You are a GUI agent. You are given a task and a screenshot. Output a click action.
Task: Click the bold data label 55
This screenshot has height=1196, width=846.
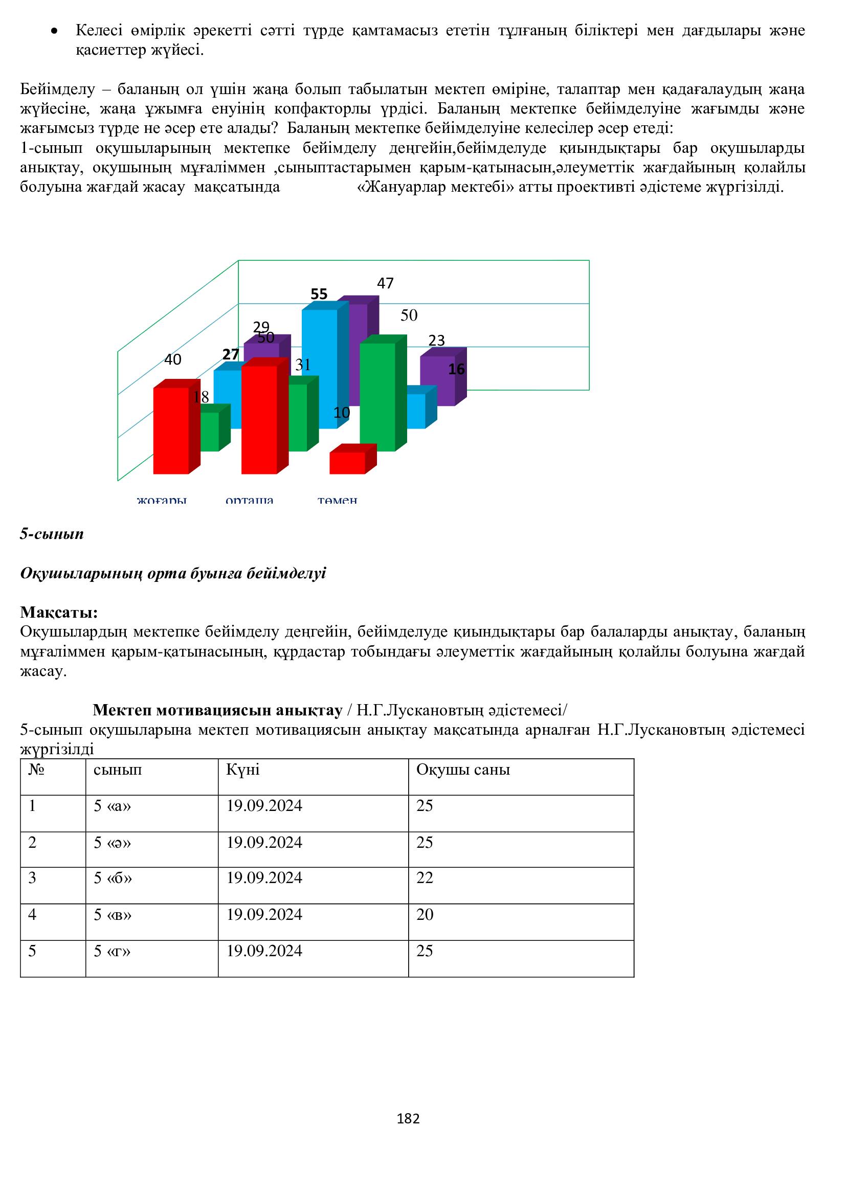pyautogui.click(x=319, y=295)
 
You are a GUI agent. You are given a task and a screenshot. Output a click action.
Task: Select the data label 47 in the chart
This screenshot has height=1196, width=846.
pyautogui.click(x=386, y=283)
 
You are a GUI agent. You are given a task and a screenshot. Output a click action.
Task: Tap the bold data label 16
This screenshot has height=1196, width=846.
pyautogui.click(x=456, y=369)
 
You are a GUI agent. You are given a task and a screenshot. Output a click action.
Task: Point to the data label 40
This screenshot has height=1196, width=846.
pyautogui.click(x=173, y=359)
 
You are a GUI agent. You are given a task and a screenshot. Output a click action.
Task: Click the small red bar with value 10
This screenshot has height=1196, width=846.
pyautogui.click(x=347, y=463)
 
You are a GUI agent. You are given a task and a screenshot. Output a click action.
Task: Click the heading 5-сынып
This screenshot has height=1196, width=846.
pyautogui.click(x=52, y=534)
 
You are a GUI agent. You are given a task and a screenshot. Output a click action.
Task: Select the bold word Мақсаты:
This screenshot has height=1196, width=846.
pyautogui.click(x=59, y=612)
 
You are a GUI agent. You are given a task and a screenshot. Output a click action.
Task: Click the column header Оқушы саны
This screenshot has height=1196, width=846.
pyautogui.click(x=463, y=770)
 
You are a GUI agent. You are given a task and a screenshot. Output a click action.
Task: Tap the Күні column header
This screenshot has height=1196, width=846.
pyautogui.click(x=243, y=770)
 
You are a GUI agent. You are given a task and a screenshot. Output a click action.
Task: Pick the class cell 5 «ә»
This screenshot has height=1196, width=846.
pyautogui.click(x=113, y=843)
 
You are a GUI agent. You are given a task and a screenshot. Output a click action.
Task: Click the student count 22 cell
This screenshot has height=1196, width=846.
pyautogui.click(x=425, y=878)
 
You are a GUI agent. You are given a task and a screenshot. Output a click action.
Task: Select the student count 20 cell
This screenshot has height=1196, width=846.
pyautogui.click(x=425, y=915)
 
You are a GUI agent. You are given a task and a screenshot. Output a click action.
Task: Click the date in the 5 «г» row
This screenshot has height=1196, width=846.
pyautogui.click(x=264, y=951)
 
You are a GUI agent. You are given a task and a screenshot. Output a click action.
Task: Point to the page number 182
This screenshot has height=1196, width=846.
pyautogui.click(x=408, y=1119)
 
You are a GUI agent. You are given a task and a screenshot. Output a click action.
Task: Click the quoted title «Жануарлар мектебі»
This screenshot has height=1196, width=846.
pyautogui.click(x=435, y=187)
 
